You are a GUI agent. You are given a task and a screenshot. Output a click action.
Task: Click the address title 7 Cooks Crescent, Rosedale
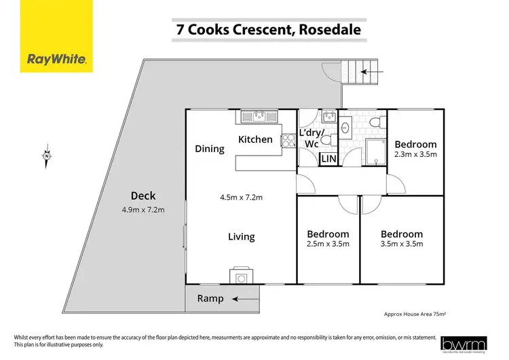(264, 30)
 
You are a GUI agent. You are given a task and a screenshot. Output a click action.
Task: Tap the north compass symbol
(46, 156)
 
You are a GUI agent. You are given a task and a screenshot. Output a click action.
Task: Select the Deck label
(143, 196)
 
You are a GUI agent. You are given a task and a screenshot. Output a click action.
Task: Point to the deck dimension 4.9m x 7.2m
(143, 209)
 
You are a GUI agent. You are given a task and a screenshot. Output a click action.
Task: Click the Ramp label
(210, 298)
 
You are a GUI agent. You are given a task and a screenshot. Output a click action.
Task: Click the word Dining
(209, 149)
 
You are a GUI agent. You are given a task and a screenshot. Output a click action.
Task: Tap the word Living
(241, 236)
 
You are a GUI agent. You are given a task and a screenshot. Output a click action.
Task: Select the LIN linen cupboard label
(329, 159)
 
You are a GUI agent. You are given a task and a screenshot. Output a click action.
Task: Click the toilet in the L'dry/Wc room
(326, 141)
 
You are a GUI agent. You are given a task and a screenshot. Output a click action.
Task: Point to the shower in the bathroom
(374, 151)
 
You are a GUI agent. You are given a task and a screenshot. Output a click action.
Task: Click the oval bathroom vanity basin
(345, 127)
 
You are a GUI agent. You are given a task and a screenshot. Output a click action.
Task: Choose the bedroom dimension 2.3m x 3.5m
(415, 155)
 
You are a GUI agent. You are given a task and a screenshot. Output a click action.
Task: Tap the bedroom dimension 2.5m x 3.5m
(328, 245)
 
